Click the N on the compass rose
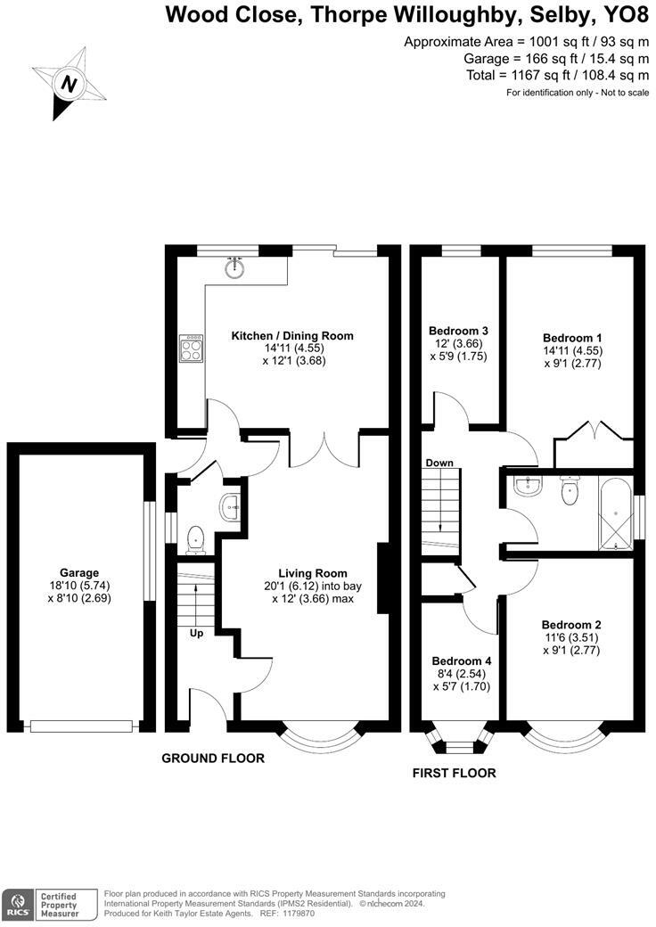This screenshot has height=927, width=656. click(x=70, y=84)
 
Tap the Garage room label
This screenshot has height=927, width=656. click(x=79, y=572)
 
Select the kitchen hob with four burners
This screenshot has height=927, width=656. click(x=192, y=349)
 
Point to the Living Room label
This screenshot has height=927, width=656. click(x=313, y=573)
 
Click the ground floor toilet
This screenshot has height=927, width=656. click(x=195, y=540)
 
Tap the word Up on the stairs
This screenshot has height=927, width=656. click(x=197, y=633)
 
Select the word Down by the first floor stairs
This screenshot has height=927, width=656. click(x=439, y=463)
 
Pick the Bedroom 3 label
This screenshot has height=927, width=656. click(x=459, y=331)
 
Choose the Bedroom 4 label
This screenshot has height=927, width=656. click(x=462, y=661)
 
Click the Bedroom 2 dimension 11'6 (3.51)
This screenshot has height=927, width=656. click(x=571, y=637)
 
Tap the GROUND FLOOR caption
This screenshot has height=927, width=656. click(x=213, y=758)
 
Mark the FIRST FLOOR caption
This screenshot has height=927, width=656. click(x=455, y=773)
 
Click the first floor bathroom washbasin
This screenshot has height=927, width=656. click(x=527, y=486)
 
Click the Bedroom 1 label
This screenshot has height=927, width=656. click(x=573, y=338)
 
